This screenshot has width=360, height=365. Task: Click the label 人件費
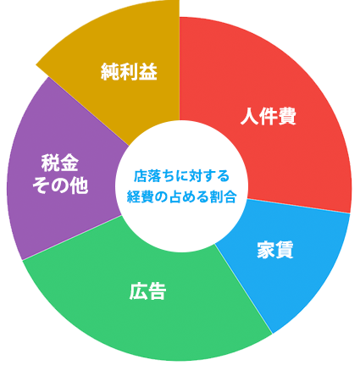coord(268,116)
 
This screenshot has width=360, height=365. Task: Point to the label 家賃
coord(275,250)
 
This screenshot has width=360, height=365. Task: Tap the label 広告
coord(147,291)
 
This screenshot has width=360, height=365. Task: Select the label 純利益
coord(129,72)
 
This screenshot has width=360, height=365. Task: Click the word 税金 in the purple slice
coord(60,163)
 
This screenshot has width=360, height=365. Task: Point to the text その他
coord(60,185)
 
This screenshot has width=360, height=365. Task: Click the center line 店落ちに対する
coord(181,176)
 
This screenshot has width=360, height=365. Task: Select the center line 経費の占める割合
coord(181,196)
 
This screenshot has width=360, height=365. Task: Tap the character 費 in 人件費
coord(287,116)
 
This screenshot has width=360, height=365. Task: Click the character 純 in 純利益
coord(110,72)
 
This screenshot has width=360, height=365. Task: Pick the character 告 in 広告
coord(157,291)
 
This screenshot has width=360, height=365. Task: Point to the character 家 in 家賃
coord(266,250)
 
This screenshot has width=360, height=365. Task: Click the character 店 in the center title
coord(140,176)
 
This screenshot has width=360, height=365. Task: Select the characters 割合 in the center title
coord(223,196)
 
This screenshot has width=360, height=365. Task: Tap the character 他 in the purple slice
coord(80,185)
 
